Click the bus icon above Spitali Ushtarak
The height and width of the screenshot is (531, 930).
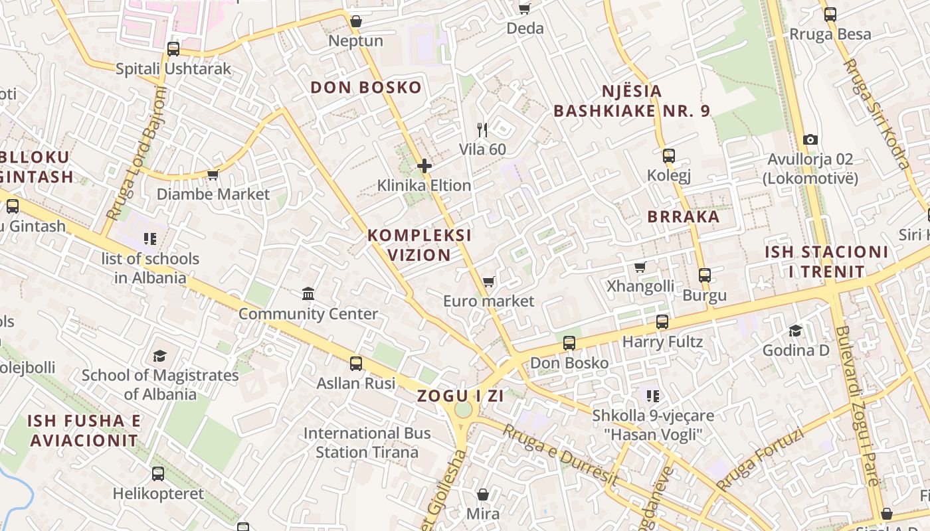(173, 48)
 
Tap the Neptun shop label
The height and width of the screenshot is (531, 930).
(356, 41)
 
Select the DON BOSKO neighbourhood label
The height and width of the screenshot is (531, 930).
(366, 88)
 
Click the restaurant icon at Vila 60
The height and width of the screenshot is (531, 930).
(482, 130)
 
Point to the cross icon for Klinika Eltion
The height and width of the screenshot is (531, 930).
(424, 165)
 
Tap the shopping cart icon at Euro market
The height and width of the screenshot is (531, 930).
(489, 282)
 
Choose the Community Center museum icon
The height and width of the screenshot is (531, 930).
(308, 293)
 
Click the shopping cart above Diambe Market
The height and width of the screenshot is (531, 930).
(213, 175)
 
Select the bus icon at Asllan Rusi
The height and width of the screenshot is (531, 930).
(356, 363)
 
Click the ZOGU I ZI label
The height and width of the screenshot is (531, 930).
(460, 396)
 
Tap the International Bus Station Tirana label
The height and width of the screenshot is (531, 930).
(367, 443)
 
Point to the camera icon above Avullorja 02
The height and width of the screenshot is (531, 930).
(810, 139)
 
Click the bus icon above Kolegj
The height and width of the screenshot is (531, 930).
(669, 156)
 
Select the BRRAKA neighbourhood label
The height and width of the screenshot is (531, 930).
(684, 217)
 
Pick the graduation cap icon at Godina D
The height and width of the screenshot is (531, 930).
(795, 331)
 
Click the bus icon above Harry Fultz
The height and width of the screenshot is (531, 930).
(662, 322)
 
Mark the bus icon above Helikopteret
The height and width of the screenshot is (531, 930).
(158, 474)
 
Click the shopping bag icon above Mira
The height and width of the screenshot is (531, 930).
(483, 494)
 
